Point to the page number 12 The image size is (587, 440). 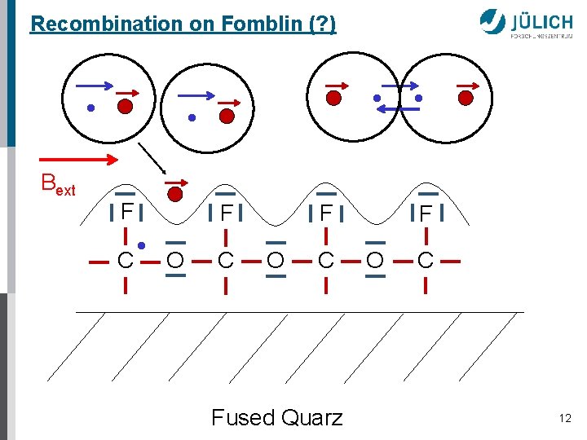[565, 418]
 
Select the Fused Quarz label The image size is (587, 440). [277, 418]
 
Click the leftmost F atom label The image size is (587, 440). [126, 213]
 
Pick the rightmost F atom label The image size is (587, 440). [426, 213]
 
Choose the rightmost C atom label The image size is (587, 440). [426, 262]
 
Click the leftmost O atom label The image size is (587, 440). [174, 262]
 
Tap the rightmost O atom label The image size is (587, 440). [375, 262]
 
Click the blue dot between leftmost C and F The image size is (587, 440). [141, 244]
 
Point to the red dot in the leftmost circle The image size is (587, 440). [125, 106]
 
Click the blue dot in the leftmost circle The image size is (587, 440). [92, 107]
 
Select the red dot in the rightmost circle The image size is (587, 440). [466, 98]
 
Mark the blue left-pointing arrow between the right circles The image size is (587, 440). [399, 109]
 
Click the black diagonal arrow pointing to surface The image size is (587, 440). [151, 160]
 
